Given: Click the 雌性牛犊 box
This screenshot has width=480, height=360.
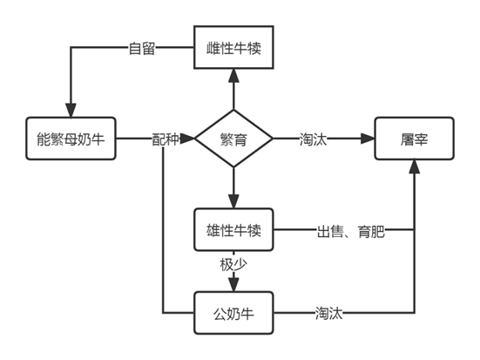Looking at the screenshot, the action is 233,47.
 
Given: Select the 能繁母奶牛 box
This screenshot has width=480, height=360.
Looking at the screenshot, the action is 71,139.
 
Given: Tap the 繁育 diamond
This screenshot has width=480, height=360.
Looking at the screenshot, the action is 233,139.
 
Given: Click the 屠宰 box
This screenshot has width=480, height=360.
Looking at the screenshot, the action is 414,139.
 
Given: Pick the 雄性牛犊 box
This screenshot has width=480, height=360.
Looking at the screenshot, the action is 233,230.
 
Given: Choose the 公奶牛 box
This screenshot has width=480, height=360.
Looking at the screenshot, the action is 233,313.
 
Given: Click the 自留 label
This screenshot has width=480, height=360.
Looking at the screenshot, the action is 142,48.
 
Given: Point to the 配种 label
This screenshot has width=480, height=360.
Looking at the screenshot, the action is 166,139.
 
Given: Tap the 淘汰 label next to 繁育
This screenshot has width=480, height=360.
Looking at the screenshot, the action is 313,139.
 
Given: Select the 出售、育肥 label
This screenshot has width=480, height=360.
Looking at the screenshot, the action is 351,231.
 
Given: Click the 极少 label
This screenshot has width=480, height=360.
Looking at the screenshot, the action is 233,265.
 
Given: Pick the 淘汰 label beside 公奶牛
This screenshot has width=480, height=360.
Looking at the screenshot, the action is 328,314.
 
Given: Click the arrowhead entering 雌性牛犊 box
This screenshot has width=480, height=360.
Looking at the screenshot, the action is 233,75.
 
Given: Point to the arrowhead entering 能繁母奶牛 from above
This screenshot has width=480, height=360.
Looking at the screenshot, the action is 71,111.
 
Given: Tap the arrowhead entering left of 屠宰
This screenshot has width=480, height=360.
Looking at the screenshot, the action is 368,139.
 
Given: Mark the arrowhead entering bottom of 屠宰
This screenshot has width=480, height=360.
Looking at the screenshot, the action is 414,166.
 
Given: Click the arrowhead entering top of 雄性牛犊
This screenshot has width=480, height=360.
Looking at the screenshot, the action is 233,201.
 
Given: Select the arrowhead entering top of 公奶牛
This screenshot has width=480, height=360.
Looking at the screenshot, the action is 233,285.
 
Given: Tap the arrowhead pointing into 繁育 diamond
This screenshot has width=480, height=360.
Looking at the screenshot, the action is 187,139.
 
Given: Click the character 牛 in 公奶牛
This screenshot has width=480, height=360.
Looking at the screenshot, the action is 247,314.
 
